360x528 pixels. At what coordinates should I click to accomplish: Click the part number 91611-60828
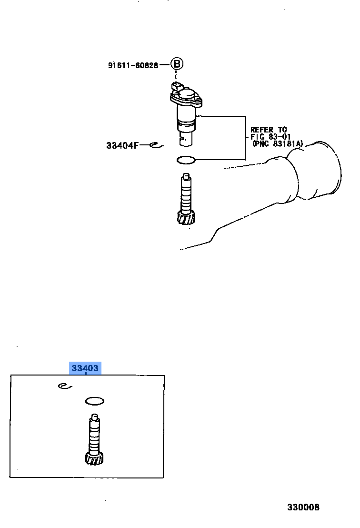coord(133,65)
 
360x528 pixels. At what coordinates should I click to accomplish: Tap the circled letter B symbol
coord(177,64)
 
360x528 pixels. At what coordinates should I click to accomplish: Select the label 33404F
coord(122,145)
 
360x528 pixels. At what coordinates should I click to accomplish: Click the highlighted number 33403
coord(85,368)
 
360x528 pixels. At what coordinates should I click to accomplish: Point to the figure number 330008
coord(303,507)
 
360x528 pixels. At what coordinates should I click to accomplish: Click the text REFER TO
coord(269,130)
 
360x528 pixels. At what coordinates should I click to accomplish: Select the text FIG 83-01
coord(270,137)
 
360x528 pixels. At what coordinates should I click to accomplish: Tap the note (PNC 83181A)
coord(278,144)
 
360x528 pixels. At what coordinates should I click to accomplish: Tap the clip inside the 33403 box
coord(65,386)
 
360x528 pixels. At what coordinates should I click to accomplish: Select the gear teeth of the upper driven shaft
coord(186,218)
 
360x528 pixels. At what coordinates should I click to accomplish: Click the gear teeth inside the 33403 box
coord(94,458)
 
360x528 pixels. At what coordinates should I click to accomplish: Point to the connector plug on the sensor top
coord(176,86)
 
